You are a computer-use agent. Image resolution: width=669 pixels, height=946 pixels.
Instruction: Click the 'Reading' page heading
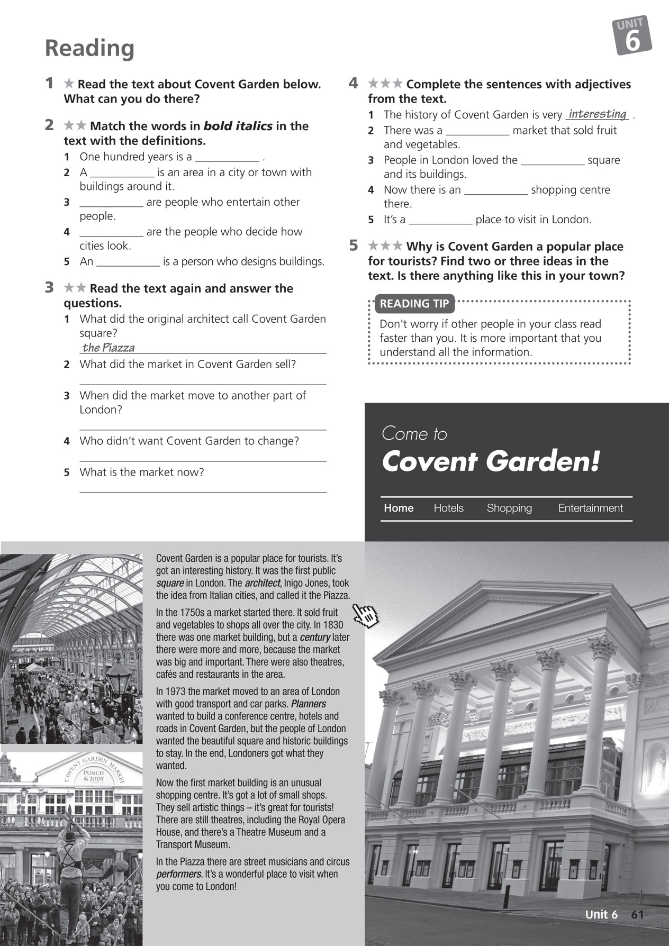(89, 48)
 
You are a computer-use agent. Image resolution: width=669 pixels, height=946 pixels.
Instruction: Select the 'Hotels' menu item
(448, 508)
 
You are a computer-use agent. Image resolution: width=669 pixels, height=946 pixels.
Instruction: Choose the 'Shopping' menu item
(509, 508)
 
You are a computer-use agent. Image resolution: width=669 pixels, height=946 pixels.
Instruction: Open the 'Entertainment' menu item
(590, 508)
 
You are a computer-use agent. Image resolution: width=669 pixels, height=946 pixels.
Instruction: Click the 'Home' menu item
(399, 508)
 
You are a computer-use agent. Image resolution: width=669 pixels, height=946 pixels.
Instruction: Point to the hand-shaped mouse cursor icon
(366, 615)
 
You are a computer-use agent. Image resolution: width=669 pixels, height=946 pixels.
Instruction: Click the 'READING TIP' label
(414, 304)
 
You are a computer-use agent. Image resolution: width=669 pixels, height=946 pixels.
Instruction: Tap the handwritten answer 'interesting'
(597, 114)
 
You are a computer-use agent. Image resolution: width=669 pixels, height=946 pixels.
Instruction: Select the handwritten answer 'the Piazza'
(109, 348)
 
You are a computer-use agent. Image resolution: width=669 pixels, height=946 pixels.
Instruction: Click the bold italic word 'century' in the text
(315, 638)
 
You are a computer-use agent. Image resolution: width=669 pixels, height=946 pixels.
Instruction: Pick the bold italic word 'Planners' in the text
(309, 704)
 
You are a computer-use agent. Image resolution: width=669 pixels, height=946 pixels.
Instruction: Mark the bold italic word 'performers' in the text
(179, 874)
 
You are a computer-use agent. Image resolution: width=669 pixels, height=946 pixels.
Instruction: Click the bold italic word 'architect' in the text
(263, 583)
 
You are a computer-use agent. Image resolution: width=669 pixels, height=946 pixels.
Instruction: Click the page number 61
(637, 915)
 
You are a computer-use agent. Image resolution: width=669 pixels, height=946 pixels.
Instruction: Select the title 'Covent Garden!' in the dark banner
(491, 462)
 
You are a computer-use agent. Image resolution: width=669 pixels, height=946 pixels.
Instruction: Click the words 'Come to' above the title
(414, 434)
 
